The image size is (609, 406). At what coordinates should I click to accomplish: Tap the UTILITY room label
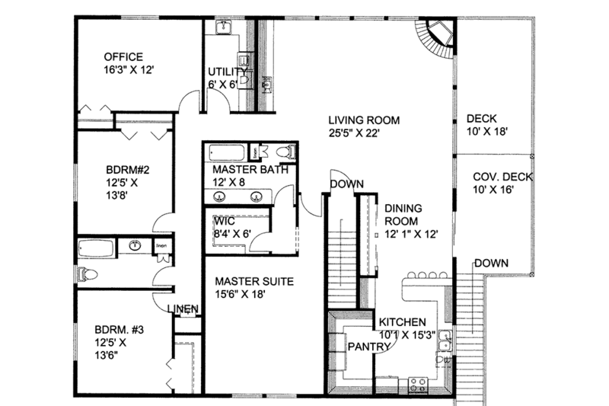tap(228, 72)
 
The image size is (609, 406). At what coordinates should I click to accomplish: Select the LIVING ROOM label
tap(364, 120)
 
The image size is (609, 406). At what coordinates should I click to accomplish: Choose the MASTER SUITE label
tap(253, 281)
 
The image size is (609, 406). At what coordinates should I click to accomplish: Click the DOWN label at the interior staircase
tap(346, 184)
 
